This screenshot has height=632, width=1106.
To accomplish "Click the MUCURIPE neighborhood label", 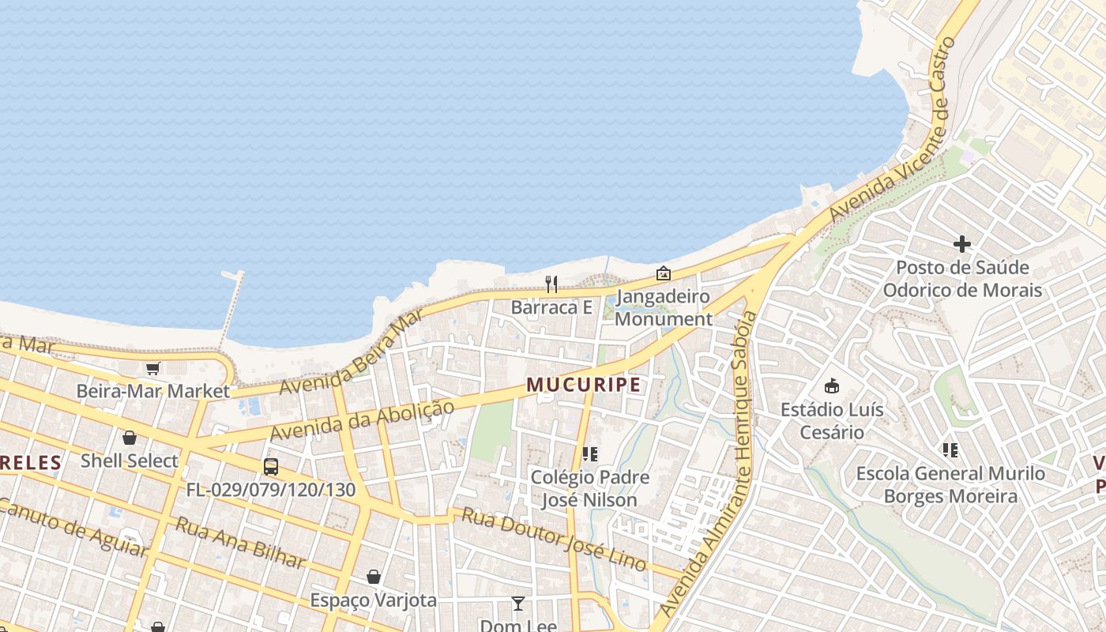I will (584, 385).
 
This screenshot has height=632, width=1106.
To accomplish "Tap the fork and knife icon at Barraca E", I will (551, 284).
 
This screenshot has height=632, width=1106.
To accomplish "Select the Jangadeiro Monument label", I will (663, 308).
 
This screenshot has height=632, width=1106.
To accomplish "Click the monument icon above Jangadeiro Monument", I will (664, 273).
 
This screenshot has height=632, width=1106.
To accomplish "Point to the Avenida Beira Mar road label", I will (351, 353).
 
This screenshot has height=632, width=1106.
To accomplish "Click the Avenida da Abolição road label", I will (362, 421).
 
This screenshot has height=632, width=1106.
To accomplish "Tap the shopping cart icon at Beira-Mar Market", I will (152, 368).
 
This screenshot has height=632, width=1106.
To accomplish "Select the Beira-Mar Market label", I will (152, 391).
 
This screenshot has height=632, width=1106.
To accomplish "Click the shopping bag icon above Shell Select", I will (130, 437).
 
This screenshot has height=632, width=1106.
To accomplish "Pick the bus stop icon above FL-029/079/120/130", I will (271, 466).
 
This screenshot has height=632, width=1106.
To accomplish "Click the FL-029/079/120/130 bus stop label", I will (271, 490).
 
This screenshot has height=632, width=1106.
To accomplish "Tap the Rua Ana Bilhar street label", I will (240, 543).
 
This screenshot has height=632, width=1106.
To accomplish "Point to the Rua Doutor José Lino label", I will (554, 540).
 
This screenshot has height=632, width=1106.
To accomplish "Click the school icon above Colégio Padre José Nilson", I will (589, 453).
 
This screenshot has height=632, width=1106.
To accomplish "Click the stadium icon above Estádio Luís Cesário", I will (831, 386).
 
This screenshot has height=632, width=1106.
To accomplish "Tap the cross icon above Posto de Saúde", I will (961, 243).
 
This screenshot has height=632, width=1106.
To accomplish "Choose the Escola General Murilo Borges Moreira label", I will (950, 485).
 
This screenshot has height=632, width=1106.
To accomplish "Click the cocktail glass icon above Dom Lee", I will (517, 604).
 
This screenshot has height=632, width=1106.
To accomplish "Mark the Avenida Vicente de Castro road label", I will (893, 130).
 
